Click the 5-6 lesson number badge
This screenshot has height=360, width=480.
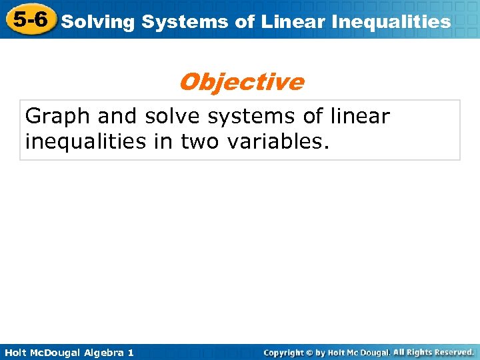[28, 19]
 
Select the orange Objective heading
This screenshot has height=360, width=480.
[241, 82]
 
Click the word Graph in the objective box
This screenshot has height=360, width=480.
[57, 116]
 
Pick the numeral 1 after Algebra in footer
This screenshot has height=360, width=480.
[130, 352]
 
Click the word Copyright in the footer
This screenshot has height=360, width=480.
[285, 352]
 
